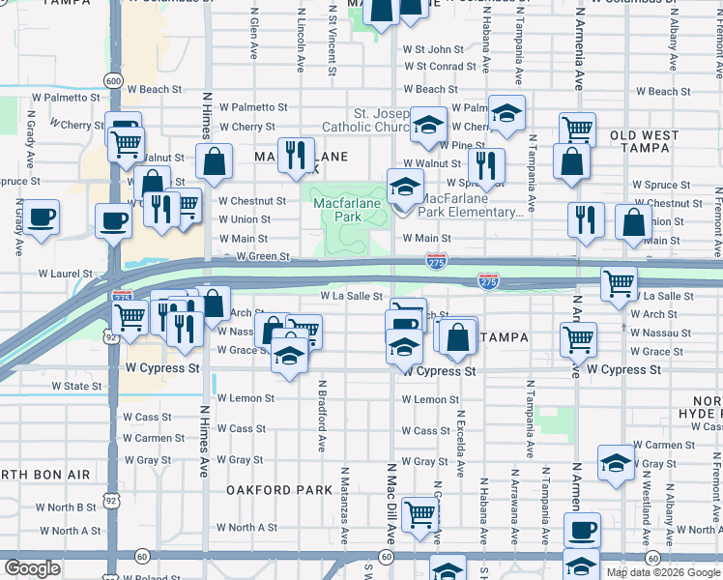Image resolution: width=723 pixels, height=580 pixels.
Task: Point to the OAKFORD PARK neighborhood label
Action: [x=279, y=490]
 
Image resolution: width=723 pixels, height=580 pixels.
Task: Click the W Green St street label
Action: [x=264, y=256]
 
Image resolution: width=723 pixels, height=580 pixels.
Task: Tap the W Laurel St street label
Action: [x=70, y=275]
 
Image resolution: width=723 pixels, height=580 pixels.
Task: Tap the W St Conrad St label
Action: [x=441, y=66]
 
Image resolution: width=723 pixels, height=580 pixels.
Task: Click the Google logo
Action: [x=32, y=567]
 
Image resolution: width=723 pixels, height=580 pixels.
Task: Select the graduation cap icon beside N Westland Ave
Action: [x=615, y=463]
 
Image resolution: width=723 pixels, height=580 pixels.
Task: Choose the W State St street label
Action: [x=76, y=386]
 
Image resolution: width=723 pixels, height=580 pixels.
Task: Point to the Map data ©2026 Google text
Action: [x=663, y=572]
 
